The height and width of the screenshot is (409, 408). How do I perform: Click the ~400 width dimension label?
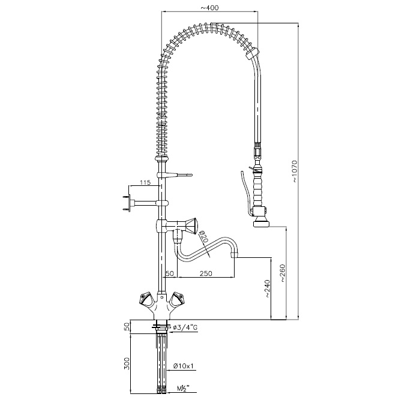click(x=209, y=8)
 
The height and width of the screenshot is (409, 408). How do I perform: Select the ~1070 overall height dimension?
click(x=295, y=172)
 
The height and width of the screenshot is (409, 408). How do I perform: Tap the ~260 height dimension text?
click(x=283, y=273)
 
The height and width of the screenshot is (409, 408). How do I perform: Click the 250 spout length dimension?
click(x=206, y=273)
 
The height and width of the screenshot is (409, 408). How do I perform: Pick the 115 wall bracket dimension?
click(x=145, y=182)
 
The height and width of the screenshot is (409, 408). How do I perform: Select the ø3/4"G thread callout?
click(x=185, y=327)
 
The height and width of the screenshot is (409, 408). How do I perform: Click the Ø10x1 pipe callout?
click(x=183, y=366)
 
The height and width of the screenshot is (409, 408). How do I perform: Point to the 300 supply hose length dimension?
click(x=127, y=363)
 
